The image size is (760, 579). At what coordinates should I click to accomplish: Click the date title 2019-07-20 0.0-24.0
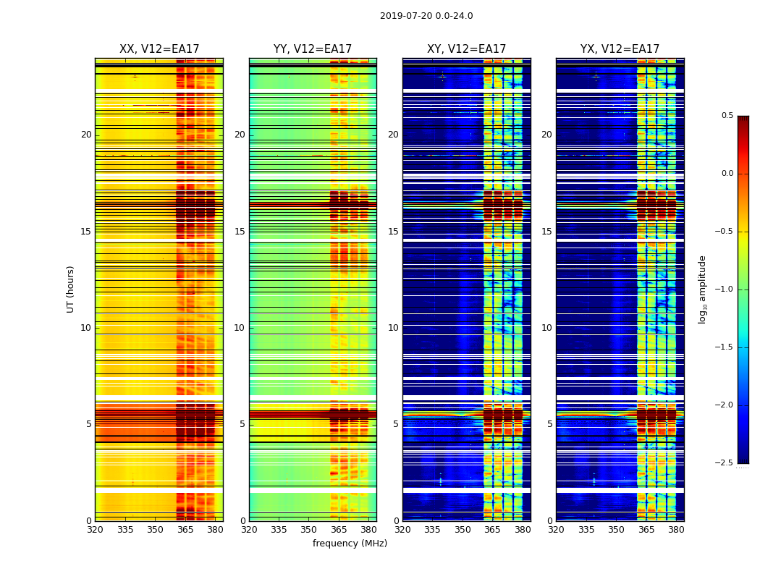426,16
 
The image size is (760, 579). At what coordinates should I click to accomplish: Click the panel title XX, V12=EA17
159,49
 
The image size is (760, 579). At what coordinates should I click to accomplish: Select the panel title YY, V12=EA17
313,49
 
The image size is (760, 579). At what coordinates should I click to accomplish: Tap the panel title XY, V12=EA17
466,49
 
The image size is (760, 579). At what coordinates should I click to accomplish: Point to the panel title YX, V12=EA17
620,49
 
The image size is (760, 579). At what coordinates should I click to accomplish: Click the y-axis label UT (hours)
70,289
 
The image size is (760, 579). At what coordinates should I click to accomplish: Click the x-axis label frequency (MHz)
350,544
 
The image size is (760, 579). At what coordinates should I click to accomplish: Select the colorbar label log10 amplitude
702,289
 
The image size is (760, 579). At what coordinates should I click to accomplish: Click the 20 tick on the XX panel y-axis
86,135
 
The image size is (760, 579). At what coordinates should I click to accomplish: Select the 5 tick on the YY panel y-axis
242,424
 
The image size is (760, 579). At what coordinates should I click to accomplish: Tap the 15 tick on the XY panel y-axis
393,232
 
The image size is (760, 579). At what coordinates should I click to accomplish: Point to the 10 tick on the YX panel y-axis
546,328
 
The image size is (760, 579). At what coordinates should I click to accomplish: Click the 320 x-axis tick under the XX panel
95,530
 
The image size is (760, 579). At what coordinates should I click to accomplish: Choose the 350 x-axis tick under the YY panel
309,530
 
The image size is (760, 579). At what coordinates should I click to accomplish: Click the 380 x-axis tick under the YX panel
676,530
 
